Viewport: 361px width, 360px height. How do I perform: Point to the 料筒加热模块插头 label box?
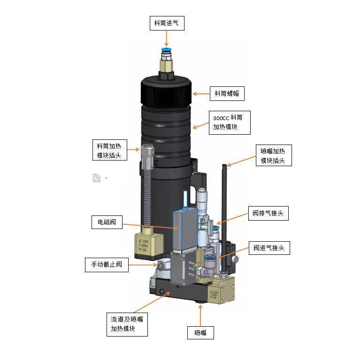pyautogui.click(x=108, y=150)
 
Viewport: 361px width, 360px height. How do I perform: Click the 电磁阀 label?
pyautogui.click(x=107, y=222)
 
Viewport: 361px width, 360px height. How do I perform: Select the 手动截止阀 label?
pyautogui.click(x=107, y=264)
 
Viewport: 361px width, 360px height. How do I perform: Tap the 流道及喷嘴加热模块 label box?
pyautogui.click(x=127, y=324)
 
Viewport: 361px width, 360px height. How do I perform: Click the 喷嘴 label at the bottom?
pyautogui.click(x=200, y=333)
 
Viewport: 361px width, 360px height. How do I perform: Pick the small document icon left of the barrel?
pyautogui.click(x=97, y=178)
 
